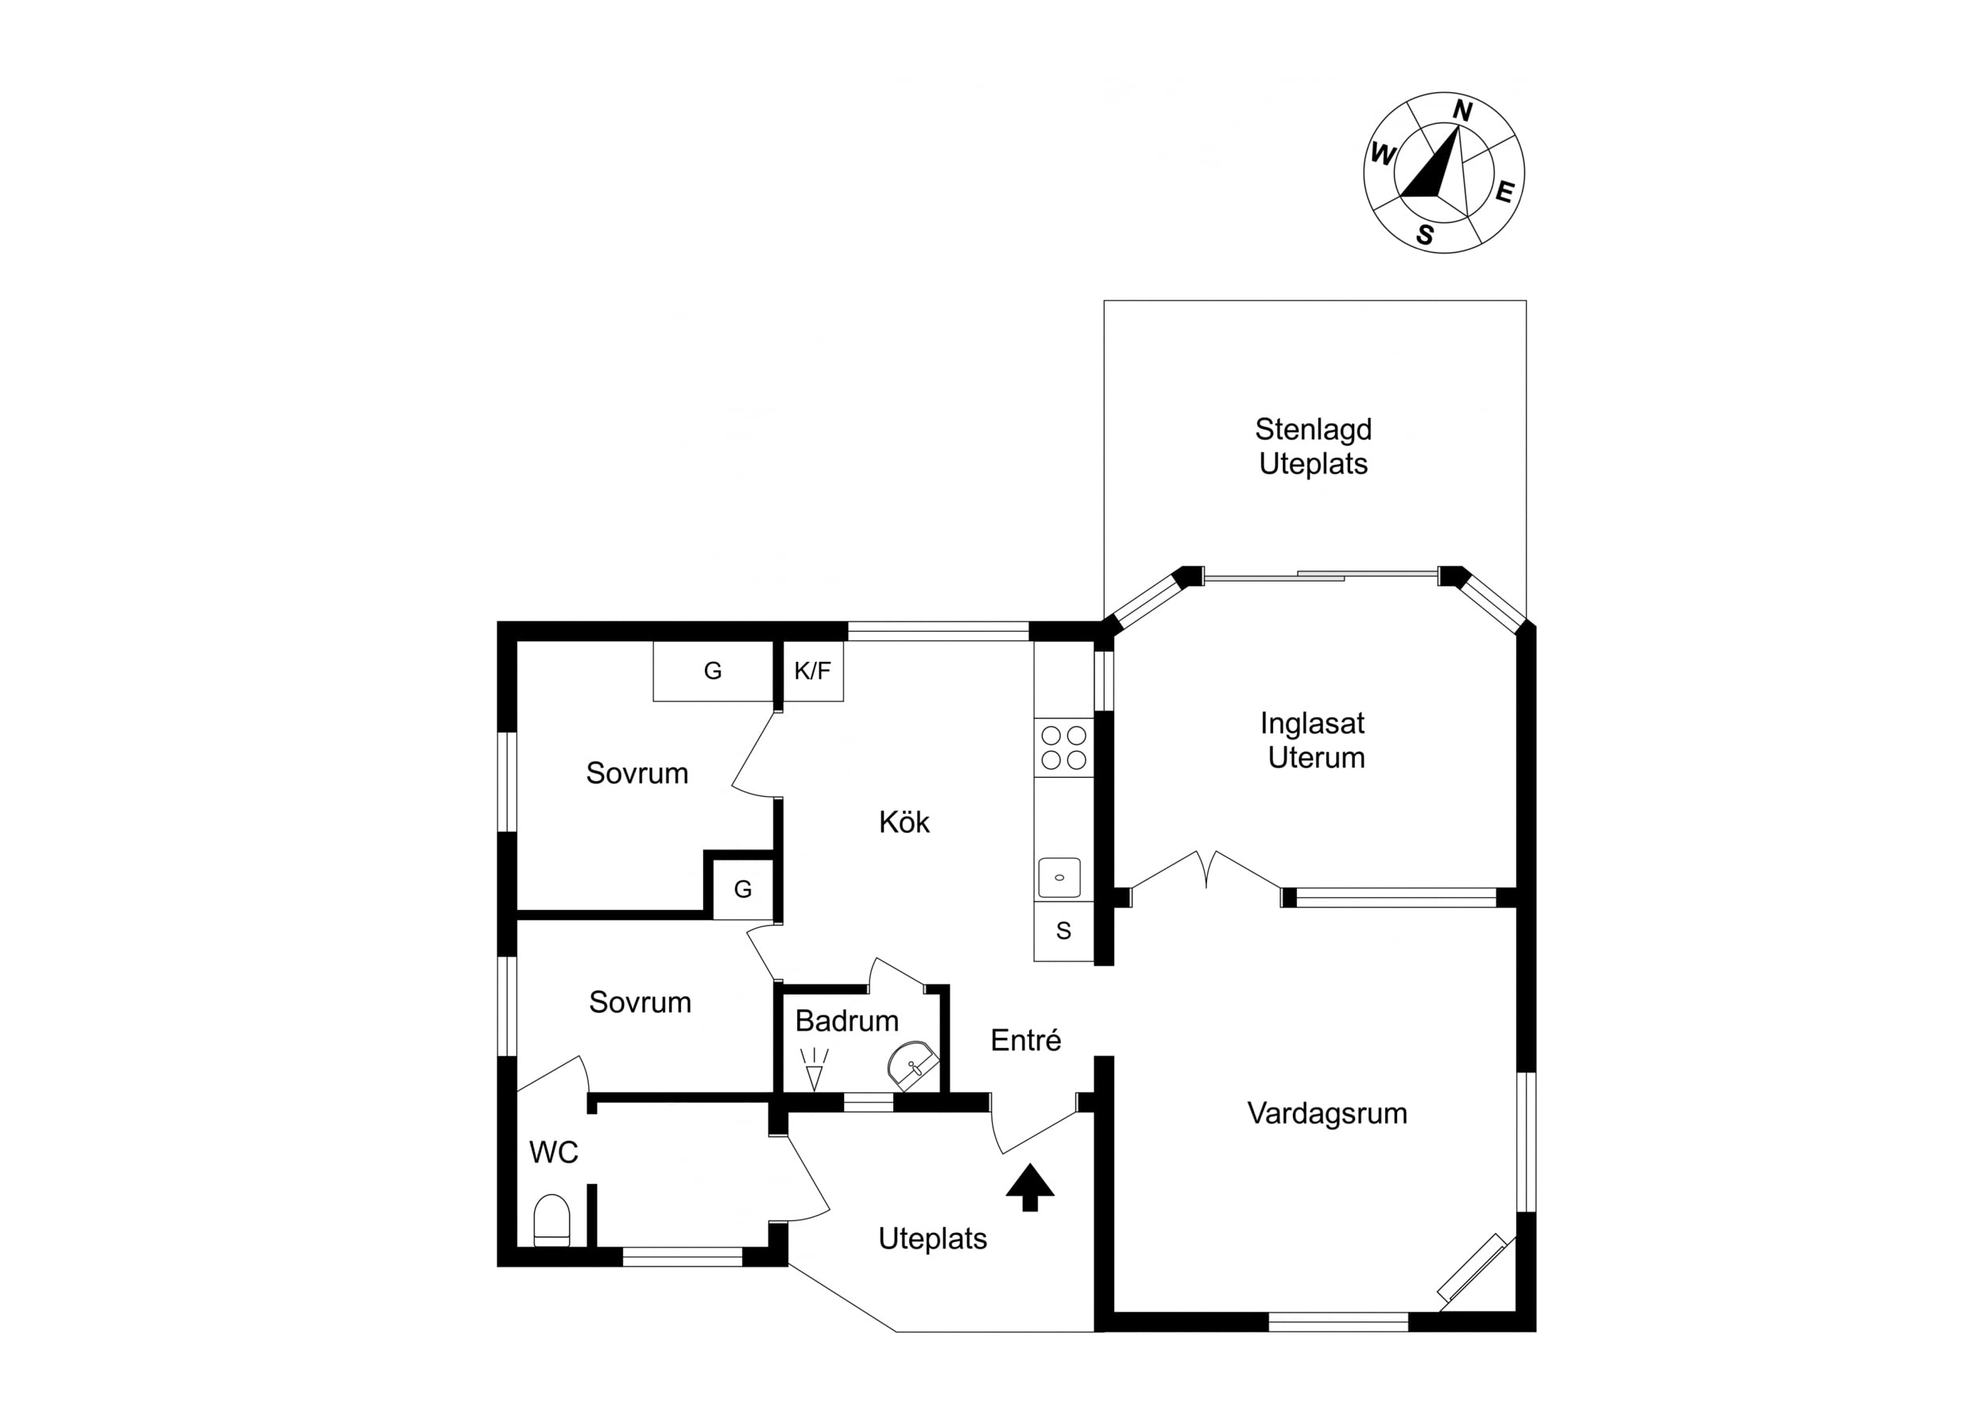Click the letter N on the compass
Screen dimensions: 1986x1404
(1461, 110)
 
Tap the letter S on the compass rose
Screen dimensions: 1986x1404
(1425, 234)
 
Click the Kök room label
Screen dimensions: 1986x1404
(904, 822)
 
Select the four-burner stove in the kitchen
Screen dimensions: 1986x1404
(1064, 748)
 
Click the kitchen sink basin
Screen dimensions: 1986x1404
(1059, 877)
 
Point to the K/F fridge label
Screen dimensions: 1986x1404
(812, 671)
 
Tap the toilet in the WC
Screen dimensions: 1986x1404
(552, 1220)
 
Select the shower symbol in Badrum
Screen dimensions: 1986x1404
(814, 1069)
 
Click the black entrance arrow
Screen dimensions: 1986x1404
(1030, 1187)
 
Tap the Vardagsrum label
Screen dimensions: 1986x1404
(1327, 1113)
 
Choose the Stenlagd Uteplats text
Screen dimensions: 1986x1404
(1313, 447)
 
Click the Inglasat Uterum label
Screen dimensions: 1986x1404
(1313, 741)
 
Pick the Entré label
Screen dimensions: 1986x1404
(1026, 1040)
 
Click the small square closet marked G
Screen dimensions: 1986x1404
(743, 888)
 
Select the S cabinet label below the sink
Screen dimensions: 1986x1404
(1064, 930)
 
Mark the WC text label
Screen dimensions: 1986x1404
(554, 1152)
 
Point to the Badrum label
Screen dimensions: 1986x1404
(847, 1021)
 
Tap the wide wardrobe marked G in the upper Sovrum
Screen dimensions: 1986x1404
(713, 671)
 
